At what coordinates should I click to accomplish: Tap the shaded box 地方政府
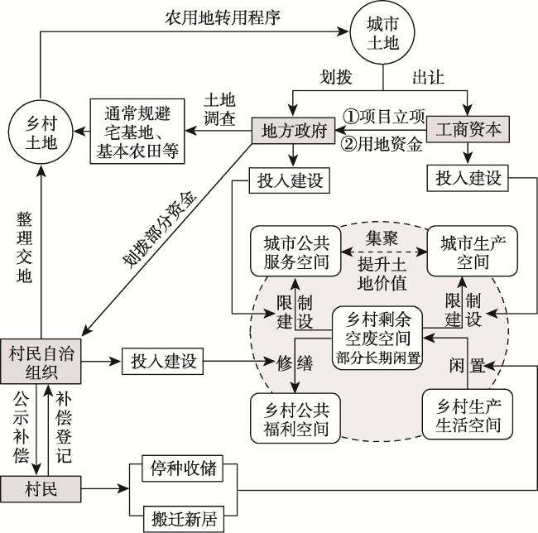click(293, 130)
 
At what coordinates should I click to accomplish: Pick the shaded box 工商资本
click(468, 129)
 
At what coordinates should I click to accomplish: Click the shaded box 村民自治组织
click(41, 361)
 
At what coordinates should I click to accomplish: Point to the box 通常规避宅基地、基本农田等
click(137, 131)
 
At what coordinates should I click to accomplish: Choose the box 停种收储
click(183, 468)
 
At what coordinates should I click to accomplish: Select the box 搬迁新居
click(184, 519)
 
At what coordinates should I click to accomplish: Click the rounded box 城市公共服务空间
click(295, 251)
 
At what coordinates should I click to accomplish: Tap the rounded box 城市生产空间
click(472, 251)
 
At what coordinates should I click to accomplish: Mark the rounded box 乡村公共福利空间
click(295, 418)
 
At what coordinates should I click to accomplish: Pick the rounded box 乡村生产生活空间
click(468, 415)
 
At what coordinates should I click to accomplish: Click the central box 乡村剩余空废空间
click(377, 339)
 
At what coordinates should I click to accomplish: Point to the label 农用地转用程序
click(223, 18)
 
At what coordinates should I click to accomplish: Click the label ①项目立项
click(383, 117)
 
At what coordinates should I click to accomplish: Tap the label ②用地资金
click(382, 144)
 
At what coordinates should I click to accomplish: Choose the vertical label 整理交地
click(24, 247)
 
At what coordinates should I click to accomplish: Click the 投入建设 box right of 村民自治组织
click(162, 361)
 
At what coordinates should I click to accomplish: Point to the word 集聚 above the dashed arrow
click(382, 238)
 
